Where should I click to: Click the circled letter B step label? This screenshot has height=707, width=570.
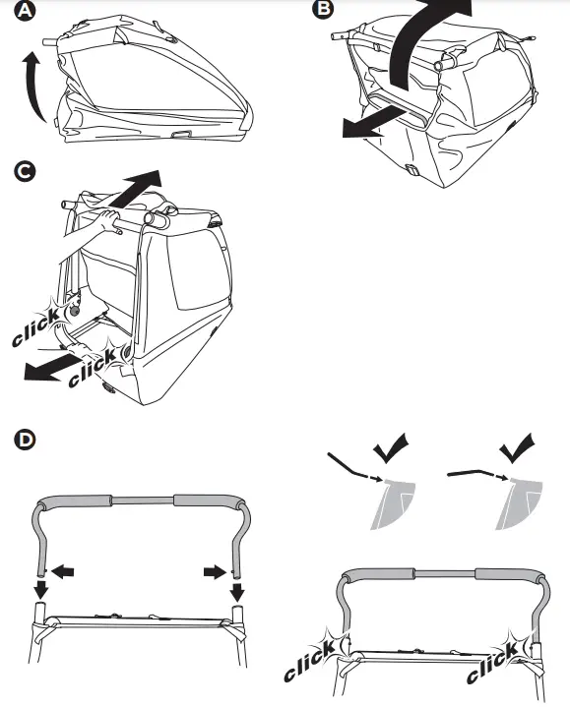(322, 11)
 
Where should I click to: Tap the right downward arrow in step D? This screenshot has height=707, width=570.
(236, 590)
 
